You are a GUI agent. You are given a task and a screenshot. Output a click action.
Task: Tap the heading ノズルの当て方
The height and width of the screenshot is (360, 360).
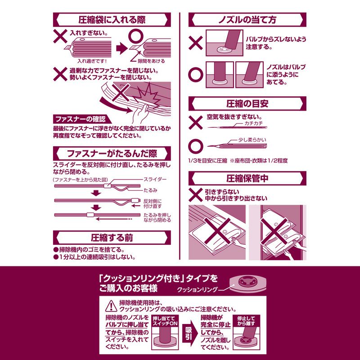tap(247, 20)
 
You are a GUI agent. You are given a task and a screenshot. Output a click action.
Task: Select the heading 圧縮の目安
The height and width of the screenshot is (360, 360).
tap(247, 103)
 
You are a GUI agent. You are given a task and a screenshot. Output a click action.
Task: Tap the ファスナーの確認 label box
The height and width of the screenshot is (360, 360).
tap(79, 119)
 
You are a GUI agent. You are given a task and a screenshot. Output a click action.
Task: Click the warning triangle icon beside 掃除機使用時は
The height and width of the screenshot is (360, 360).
tap(110, 306)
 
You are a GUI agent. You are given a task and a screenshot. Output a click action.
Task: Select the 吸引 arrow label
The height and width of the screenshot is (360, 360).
tap(189, 333)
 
